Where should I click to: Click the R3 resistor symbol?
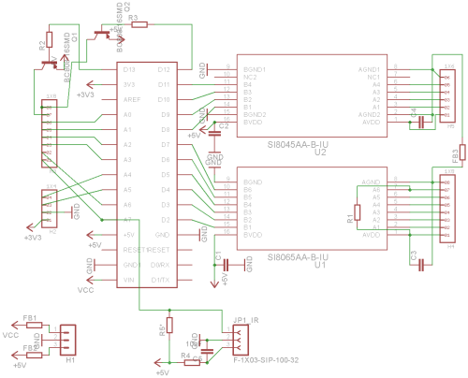point(139,26)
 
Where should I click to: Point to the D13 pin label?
point(129,70)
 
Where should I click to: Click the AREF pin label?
point(131,99)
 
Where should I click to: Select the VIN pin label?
point(129,280)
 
